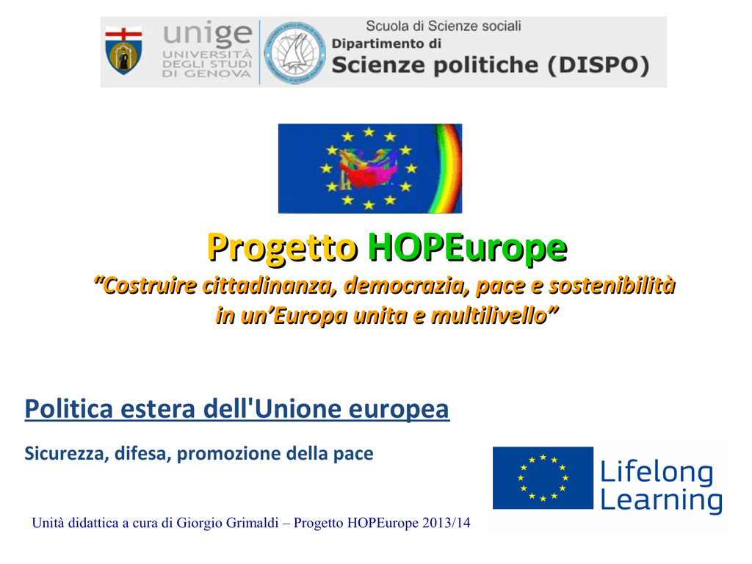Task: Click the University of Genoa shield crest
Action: point(123,51)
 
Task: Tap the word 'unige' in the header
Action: point(207,35)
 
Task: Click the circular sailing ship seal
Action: point(294,52)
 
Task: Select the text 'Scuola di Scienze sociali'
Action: point(444,26)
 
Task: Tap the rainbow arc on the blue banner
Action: point(448,168)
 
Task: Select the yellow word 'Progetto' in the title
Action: point(283,247)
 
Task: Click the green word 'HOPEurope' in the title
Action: point(468,247)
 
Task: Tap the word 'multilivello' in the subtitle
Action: point(488,316)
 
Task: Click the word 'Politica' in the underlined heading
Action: point(69,409)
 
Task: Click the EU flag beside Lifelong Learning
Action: point(543,477)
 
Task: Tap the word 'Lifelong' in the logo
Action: point(657,472)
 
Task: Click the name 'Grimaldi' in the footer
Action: point(253,522)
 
